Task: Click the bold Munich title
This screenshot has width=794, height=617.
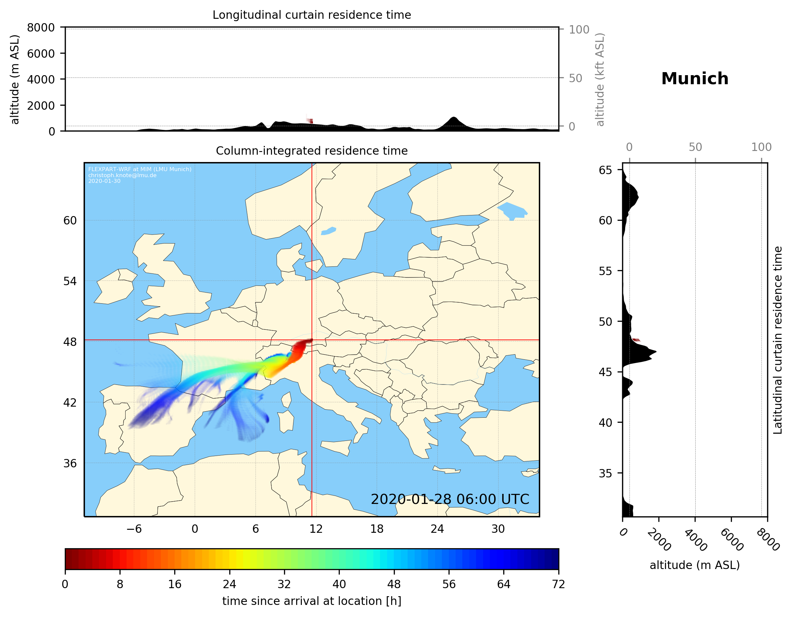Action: click(x=694, y=79)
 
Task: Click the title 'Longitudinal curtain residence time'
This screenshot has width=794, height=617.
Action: click(x=312, y=15)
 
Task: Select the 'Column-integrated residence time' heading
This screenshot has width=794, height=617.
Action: click(x=312, y=151)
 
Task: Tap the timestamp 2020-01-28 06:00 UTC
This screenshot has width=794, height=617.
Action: click(x=450, y=499)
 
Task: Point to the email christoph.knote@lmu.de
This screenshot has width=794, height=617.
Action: click(x=122, y=175)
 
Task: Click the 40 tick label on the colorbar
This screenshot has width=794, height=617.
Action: click(x=339, y=584)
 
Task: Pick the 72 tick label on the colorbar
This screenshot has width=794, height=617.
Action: click(x=558, y=584)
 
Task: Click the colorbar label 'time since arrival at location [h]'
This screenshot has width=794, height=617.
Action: click(x=312, y=601)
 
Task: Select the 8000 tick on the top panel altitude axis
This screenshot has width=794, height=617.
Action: click(x=41, y=28)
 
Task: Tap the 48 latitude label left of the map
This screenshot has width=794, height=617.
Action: click(x=70, y=342)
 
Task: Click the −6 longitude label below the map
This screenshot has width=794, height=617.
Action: click(x=134, y=529)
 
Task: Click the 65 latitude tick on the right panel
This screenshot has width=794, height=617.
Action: click(x=605, y=170)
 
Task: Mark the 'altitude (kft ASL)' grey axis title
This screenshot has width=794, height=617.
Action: click(x=600, y=80)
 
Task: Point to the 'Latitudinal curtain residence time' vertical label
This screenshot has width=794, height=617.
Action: click(x=778, y=340)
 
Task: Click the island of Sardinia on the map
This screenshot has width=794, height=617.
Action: click(x=286, y=421)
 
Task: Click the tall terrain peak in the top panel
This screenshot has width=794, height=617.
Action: click(x=453, y=119)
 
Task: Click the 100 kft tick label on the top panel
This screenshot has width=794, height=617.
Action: click(x=579, y=30)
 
